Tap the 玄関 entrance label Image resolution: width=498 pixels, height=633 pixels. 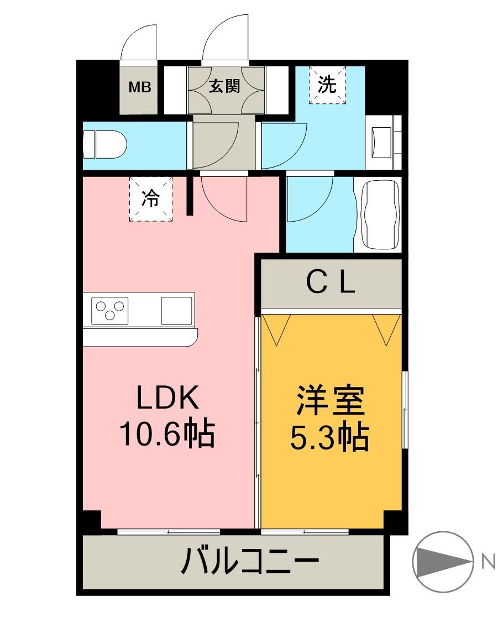point(224,86)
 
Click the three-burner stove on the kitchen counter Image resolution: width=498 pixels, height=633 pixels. point(109,310)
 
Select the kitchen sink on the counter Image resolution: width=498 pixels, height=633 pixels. point(176,310)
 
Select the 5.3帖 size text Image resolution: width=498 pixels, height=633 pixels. point(330,438)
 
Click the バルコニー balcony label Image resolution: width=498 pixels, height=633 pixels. point(250,563)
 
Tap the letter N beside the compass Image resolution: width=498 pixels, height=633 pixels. point(487,562)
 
